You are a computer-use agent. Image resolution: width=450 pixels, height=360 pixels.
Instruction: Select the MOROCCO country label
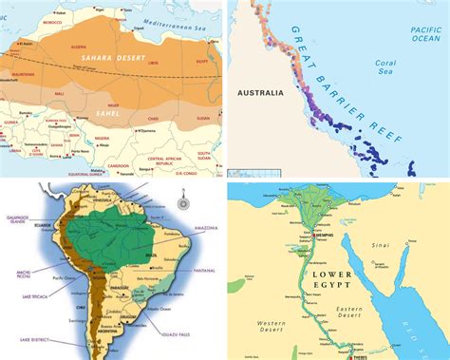(x=39, y=20)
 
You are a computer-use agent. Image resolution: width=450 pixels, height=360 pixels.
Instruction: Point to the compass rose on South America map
(x=180, y=203)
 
